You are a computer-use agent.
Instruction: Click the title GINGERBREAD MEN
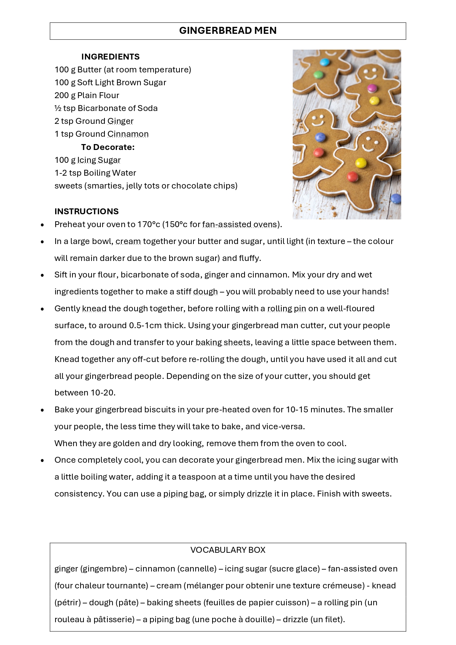(x=228, y=31)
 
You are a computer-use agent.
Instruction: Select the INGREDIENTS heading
(x=110, y=57)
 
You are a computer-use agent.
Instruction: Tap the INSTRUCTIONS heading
(x=86, y=211)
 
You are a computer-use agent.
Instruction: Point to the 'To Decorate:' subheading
(x=108, y=147)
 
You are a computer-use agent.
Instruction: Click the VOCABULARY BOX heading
(x=228, y=550)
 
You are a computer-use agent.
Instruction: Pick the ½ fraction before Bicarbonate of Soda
(x=58, y=108)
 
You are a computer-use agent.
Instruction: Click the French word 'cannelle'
(x=197, y=569)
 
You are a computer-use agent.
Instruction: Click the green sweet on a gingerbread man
(x=318, y=75)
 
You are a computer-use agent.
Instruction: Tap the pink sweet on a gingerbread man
(x=372, y=88)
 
